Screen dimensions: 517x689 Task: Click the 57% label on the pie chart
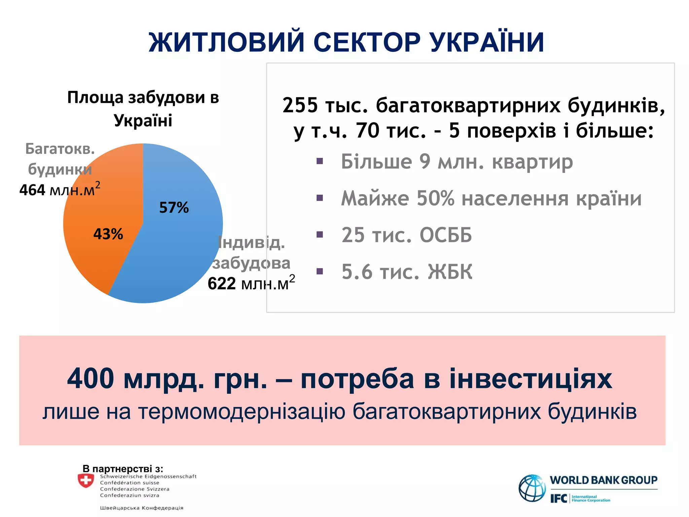click(x=174, y=208)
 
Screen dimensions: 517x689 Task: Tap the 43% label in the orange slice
click(x=108, y=234)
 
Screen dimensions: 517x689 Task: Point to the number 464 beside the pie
click(x=32, y=190)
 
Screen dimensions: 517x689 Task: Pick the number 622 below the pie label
click(x=222, y=284)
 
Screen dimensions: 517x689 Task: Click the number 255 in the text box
click(x=300, y=105)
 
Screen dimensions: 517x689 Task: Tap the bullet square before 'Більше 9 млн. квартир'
click(x=320, y=161)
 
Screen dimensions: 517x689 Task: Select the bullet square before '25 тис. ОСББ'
click(x=320, y=234)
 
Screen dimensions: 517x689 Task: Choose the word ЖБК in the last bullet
click(x=450, y=272)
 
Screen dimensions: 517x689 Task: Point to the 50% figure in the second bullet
click(x=436, y=198)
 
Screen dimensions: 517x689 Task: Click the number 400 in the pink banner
click(x=90, y=379)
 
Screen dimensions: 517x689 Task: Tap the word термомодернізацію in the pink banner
click(x=242, y=412)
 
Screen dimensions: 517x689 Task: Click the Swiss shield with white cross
click(x=86, y=481)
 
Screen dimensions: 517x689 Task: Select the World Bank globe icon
click(x=532, y=488)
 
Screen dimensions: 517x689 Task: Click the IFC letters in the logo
click(x=558, y=498)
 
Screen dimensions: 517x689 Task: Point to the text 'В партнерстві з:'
click(x=123, y=469)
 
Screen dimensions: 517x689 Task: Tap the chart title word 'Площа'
click(x=96, y=98)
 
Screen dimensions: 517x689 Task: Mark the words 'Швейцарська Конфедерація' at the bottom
click(x=142, y=508)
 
